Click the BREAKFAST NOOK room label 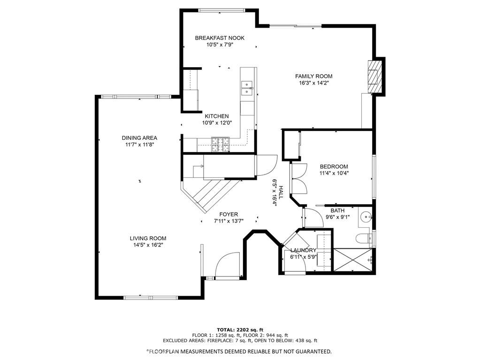pyautogui.click(x=220, y=38)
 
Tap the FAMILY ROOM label pyautogui.click(x=313, y=76)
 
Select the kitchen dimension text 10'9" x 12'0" pyautogui.click(x=216, y=123)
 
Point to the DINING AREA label pyautogui.click(x=139, y=138)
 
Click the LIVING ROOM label pyautogui.click(x=148, y=238)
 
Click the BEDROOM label pyautogui.click(x=334, y=167)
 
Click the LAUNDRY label pyautogui.click(x=303, y=251)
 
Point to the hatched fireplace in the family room pyautogui.click(x=374, y=76)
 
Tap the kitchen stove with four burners pyautogui.click(x=220, y=144)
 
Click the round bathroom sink pyautogui.click(x=367, y=217)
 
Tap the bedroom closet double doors pyautogui.click(x=298, y=178)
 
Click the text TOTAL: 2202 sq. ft pyautogui.click(x=240, y=329)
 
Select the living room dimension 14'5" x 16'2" pyautogui.click(x=148, y=245)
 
